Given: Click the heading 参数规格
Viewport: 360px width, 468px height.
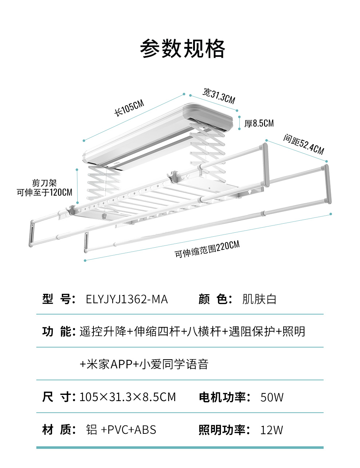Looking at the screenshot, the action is pyautogui.click(x=183, y=49).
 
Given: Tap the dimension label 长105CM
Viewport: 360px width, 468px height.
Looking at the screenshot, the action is pyautogui.click(x=129, y=108).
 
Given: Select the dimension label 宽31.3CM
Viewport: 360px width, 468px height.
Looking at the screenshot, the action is pyautogui.click(x=219, y=95).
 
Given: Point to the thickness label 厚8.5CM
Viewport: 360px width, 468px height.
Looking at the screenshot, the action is pyautogui.click(x=259, y=124).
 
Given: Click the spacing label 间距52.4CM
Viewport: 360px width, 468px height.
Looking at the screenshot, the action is pyautogui.click(x=303, y=144).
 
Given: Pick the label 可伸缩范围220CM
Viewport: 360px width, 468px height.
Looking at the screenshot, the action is pyautogui.click(x=207, y=249).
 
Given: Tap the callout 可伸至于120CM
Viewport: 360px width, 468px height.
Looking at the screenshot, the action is pyautogui.click(x=44, y=192).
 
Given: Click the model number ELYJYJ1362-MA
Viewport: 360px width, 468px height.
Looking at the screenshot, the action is pyautogui.click(x=127, y=299).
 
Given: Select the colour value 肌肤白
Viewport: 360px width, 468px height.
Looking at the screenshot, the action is pyautogui.click(x=259, y=299).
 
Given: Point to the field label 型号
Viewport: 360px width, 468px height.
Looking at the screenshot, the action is pyautogui.click(x=59, y=299).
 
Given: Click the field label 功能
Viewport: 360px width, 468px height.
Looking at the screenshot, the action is pyautogui.click(x=59, y=332).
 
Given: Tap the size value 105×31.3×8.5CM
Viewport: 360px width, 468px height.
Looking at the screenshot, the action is pyautogui.click(x=127, y=397).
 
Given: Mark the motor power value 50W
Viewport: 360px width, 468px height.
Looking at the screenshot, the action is pyautogui.click(x=272, y=397).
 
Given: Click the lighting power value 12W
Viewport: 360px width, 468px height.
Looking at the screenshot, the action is pyautogui.click(x=271, y=430).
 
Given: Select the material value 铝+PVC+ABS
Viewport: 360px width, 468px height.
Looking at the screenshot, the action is pyautogui.click(x=121, y=430).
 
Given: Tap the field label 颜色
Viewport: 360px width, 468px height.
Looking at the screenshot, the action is pyautogui.click(x=215, y=299).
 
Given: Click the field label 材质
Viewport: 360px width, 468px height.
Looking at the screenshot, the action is pyautogui.click(x=59, y=430).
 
